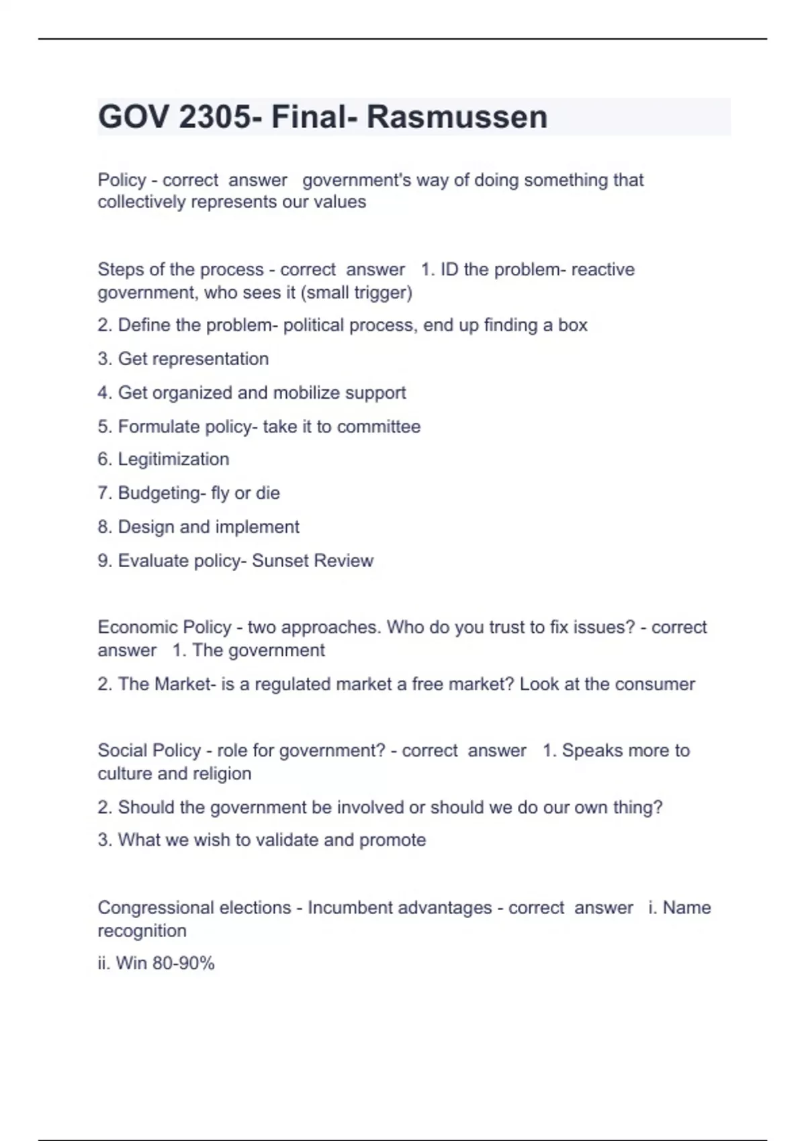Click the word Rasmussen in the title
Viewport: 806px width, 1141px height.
pos(457,117)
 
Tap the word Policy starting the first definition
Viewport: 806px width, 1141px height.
pos(122,180)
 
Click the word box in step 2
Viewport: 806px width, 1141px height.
pos(573,326)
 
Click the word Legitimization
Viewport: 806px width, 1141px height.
pos(173,460)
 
